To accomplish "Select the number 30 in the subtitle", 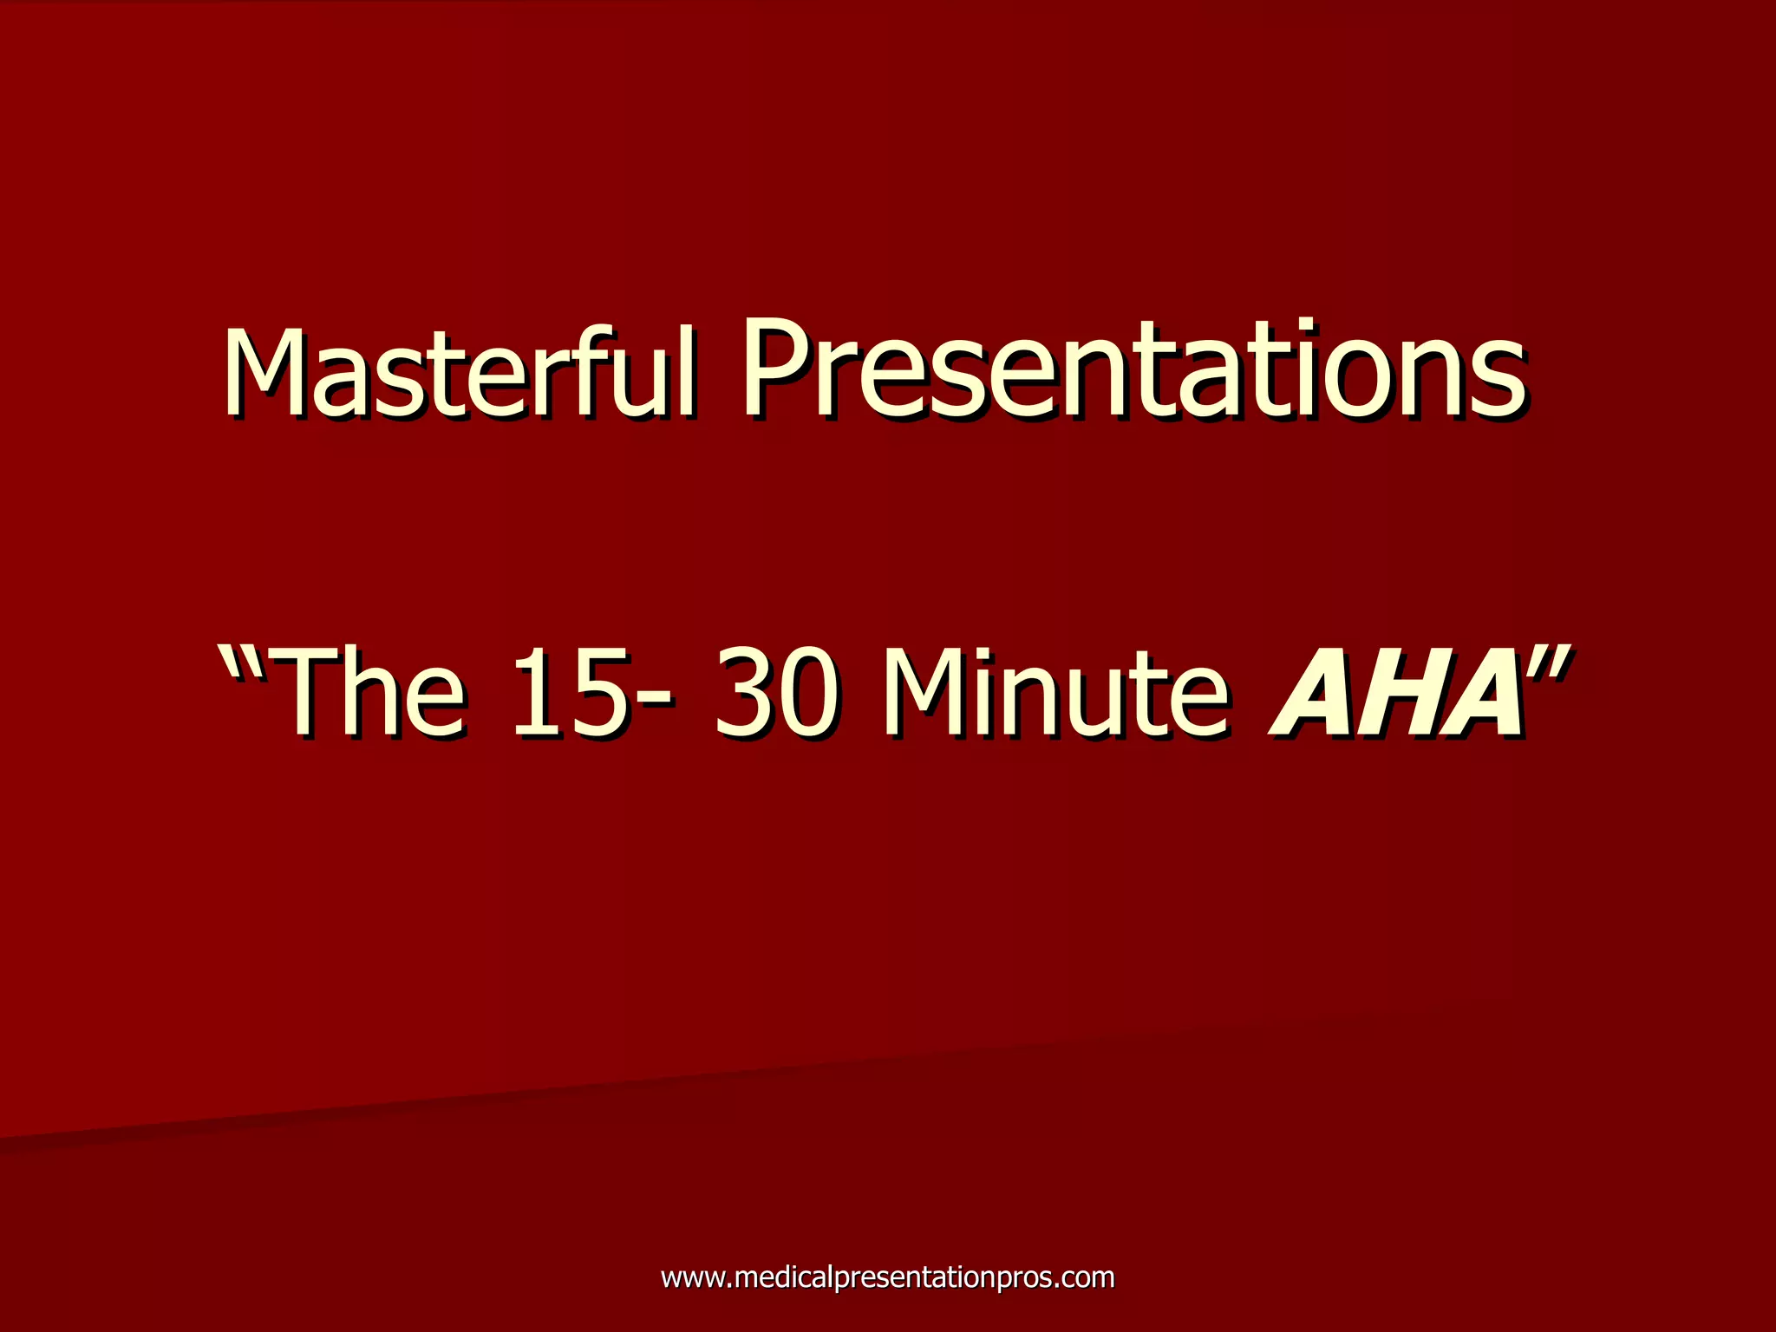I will click(x=776, y=694).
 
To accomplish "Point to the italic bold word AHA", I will click(x=1396, y=694).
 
